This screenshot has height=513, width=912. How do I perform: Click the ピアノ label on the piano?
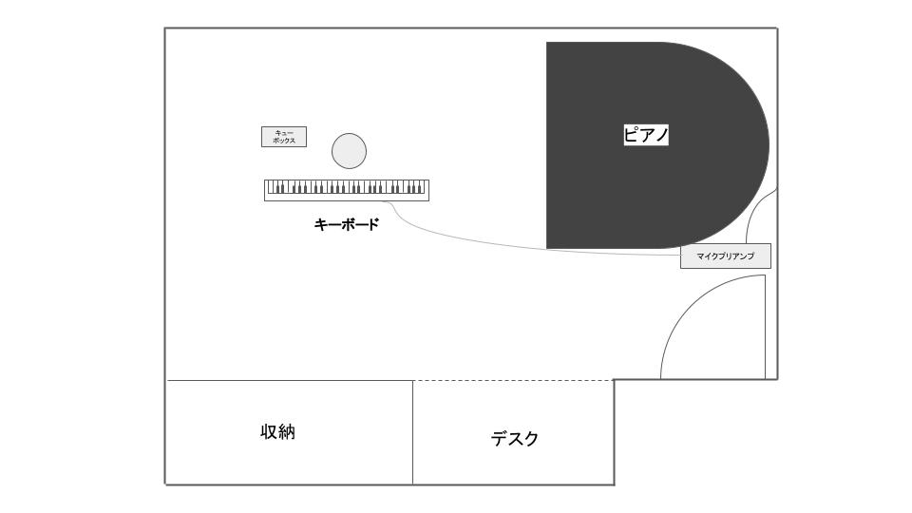[646, 135]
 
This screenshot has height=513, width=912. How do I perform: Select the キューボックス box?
[284, 137]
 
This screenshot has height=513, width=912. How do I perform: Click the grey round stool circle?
[349, 151]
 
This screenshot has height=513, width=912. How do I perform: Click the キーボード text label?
[347, 224]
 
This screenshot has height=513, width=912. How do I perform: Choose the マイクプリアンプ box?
[726, 256]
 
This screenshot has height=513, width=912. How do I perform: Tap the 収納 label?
[278, 432]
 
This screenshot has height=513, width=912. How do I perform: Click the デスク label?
[515, 439]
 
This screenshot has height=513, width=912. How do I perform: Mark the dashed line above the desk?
[514, 380]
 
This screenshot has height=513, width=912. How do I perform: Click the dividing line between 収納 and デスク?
[413, 432]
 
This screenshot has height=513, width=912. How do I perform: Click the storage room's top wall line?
[290, 380]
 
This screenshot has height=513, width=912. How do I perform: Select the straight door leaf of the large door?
[765, 327]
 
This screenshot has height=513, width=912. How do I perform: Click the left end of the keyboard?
[265, 190]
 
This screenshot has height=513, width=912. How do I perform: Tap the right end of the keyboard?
[428, 190]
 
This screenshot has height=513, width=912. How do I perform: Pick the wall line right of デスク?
[615, 432]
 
